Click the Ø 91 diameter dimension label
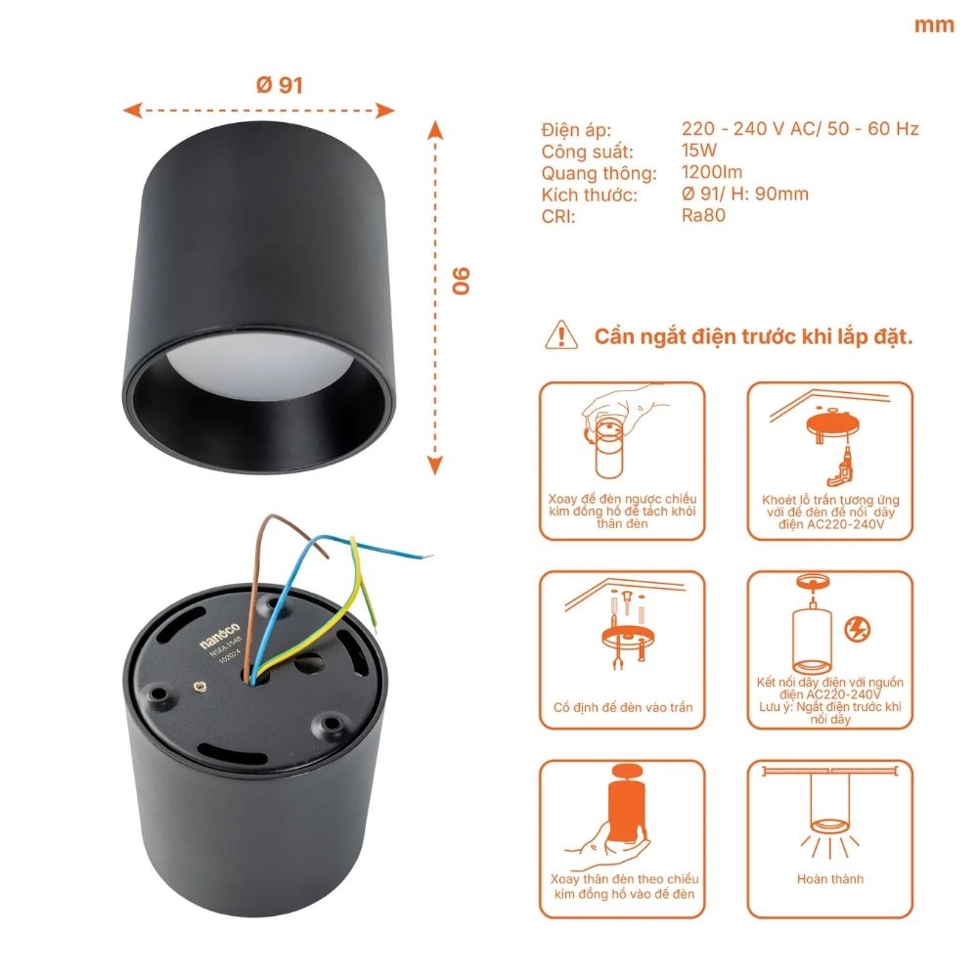(x=279, y=85)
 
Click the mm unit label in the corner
(x=934, y=25)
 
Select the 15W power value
(x=699, y=151)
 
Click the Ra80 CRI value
(x=703, y=215)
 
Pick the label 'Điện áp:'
(x=576, y=130)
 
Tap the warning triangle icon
(x=561, y=334)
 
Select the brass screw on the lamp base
(x=201, y=689)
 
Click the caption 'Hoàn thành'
(x=830, y=879)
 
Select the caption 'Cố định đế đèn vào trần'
(x=622, y=707)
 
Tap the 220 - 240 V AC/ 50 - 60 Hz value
(x=800, y=129)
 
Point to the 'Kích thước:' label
(x=589, y=195)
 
